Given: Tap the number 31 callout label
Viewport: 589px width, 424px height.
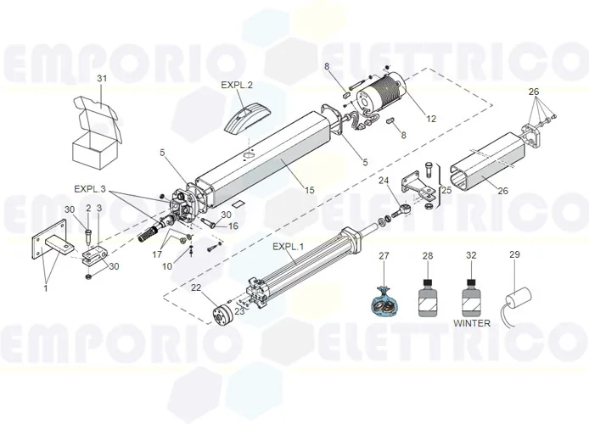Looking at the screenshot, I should point(102,79).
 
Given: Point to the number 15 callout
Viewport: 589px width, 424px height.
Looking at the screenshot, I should point(307,191).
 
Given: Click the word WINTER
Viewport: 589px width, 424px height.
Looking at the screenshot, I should point(472,324).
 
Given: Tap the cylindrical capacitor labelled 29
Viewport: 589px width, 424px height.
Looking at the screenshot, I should point(520,301).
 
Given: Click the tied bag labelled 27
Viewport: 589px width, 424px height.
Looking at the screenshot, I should point(383,298).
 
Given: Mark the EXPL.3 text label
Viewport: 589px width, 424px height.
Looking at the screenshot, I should point(90,188).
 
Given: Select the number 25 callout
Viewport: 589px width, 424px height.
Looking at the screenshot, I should point(447,191).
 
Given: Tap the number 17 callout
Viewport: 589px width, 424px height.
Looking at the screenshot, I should point(157,254).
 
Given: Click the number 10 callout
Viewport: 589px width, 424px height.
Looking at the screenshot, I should point(168,267).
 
